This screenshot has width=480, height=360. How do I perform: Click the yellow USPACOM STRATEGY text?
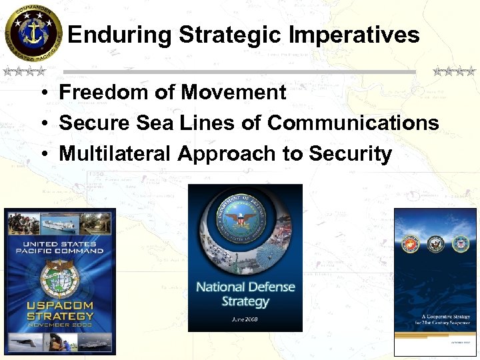coord(60,311)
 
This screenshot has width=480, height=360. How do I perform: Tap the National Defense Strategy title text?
coord(245,294)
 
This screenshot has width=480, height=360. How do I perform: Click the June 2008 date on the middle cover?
coord(245,319)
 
